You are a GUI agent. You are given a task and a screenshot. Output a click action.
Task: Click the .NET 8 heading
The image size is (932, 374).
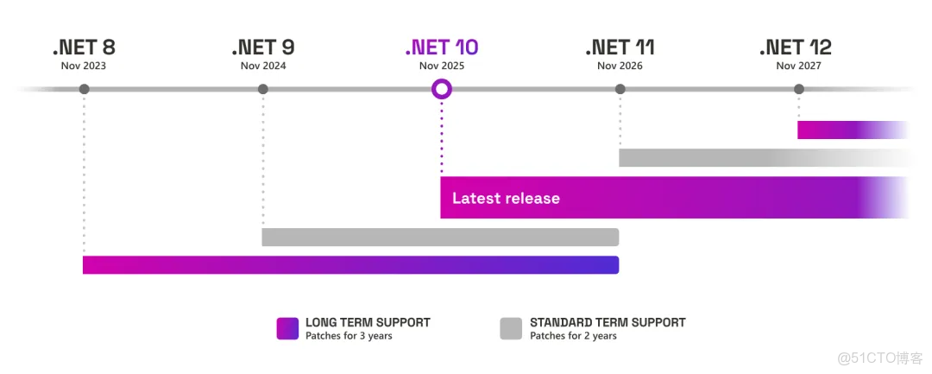click(x=84, y=48)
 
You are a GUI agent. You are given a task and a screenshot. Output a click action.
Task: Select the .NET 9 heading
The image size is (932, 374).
click(x=263, y=48)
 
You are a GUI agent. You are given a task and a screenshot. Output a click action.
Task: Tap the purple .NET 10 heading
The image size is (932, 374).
click(x=441, y=48)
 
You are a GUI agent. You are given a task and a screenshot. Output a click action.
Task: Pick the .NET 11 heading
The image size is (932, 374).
click(x=620, y=48)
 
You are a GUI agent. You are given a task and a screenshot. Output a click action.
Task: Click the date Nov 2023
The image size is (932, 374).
click(x=84, y=66)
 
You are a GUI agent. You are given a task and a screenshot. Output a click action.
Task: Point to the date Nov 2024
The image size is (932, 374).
click(x=263, y=66)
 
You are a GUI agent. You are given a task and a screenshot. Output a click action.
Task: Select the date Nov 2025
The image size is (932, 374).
click(x=441, y=66)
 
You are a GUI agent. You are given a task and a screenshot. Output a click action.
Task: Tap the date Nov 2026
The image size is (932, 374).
click(x=620, y=66)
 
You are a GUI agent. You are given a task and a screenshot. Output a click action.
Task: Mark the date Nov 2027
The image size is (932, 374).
click(x=798, y=66)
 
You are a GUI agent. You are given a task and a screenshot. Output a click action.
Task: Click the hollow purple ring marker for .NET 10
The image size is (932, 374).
click(x=441, y=89)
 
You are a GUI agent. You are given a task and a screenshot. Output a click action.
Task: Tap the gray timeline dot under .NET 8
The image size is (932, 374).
click(x=84, y=89)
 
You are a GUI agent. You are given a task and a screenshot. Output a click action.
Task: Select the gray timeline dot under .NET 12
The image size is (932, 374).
click(x=799, y=89)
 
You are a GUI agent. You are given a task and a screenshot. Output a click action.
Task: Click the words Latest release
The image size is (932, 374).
click(x=506, y=199)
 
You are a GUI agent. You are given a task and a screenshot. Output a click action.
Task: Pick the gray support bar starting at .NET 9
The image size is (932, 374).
click(x=440, y=237)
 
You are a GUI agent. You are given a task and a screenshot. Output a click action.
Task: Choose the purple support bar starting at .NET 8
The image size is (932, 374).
click(x=350, y=264)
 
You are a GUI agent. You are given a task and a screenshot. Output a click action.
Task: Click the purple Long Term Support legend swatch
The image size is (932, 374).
click(x=287, y=328)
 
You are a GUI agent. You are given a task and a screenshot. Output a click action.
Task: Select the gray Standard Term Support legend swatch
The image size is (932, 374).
click(x=511, y=328)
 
